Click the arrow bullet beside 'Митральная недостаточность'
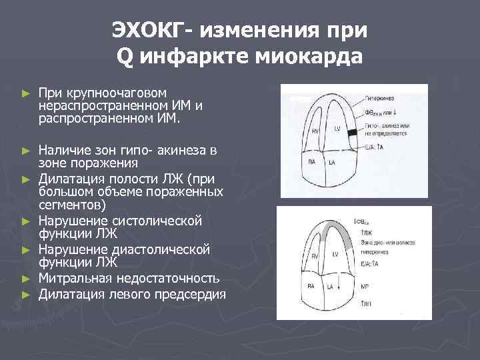click(26, 278)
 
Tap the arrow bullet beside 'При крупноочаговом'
click(26, 92)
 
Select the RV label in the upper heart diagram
click(317, 127)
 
